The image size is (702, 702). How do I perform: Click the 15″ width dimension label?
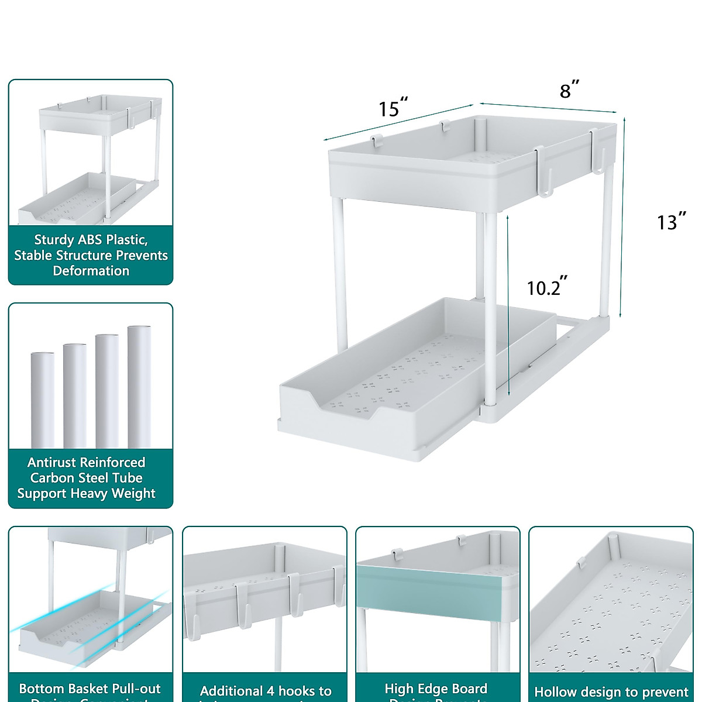point(393,108)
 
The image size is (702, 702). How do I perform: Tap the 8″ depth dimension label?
point(569,90)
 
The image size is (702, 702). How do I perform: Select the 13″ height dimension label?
point(670,222)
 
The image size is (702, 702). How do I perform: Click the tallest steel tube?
point(139,386)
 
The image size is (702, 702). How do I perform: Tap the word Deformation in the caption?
point(91,271)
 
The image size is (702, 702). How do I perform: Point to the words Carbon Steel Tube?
point(86,478)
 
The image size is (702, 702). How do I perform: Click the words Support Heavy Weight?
point(86,494)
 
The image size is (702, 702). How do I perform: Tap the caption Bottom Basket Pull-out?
point(90,689)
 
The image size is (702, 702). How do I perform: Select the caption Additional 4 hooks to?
point(266,691)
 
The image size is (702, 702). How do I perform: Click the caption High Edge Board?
point(436,689)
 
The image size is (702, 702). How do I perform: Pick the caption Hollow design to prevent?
point(611,692)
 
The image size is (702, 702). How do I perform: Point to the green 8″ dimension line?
point(548,108)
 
